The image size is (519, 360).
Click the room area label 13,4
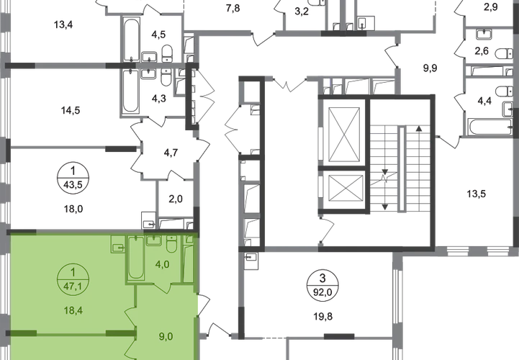click(x=63, y=24)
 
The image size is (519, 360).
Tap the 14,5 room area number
click(x=70, y=110)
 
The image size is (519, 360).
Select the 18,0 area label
click(x=73, y=209)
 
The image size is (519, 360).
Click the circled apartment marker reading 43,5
click(x=73, y=179)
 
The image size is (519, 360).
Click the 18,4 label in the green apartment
click(x=73, y=310)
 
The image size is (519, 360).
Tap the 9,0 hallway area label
click(x=166, y=336)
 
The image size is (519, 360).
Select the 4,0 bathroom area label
click(x=163, y=264)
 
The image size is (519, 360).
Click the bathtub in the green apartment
click(x=136, y=257)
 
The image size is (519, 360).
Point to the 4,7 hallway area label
click(x=171, y=153)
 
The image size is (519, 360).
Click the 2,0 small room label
click(x=176, y=199)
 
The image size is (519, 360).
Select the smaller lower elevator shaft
click(x=343, y=188)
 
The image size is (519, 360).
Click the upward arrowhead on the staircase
click(x=419, y=128)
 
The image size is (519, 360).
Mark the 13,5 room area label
click(x=477, y=194)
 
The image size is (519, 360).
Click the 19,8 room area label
click(x=322, y=317)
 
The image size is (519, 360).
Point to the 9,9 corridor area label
click(x=430, y=68)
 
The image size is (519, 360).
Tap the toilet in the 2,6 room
click(x=505, y=53)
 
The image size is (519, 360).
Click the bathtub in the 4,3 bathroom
click(x=130, y=91)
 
